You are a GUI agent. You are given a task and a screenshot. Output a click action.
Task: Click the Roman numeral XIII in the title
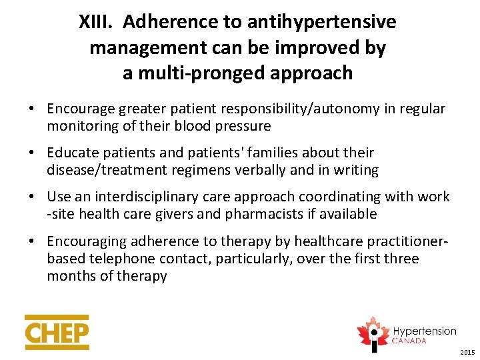tap(97, 23)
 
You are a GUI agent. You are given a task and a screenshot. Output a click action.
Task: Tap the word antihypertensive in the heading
tap(321, 23)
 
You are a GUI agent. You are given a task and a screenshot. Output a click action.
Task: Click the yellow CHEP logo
tap(57, 332)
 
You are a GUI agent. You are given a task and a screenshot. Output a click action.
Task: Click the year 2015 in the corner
tap(467, 351)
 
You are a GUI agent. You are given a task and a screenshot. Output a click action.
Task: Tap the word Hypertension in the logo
tap(424, 331)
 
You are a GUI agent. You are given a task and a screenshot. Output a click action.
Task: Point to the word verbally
tap(253, 170)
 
